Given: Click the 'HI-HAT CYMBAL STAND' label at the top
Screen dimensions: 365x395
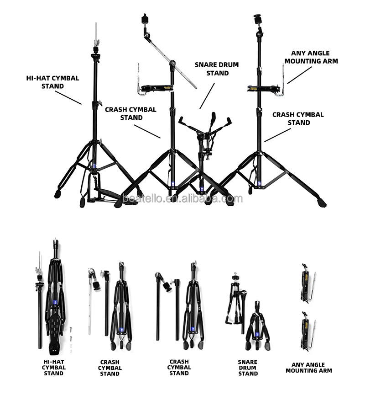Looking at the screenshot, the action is point(52,82).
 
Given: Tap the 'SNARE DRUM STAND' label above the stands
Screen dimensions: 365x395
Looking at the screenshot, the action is point(217,69).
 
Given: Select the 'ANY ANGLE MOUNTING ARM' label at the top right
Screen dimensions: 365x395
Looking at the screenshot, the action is point(310,57).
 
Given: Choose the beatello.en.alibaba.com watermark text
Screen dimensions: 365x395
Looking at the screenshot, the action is point(182,198).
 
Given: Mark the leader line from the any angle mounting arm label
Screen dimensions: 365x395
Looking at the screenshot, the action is point(299,75).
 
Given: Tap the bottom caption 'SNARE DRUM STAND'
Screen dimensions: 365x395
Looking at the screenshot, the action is point(248,368).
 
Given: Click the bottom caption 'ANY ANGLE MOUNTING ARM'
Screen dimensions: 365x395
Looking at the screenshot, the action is point(309,368).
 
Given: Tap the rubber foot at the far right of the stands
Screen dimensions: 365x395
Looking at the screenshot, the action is point(323,202).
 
